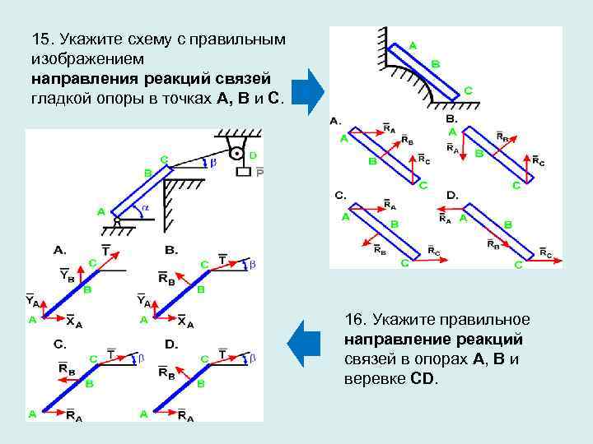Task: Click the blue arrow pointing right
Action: [309, 90]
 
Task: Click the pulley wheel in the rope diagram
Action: [237, 152]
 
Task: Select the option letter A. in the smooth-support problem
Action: [335, 121]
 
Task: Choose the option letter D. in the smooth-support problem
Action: [452, 195]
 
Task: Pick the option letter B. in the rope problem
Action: [171, 248]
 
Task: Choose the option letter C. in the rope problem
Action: [59, 343]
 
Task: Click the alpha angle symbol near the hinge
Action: [145, 209]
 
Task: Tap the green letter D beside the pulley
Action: [252, 155]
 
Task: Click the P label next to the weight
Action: [259, 173]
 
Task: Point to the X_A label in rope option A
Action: [72, 321]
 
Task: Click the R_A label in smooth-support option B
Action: [453, 148]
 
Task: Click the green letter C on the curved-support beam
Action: [467, 91]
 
